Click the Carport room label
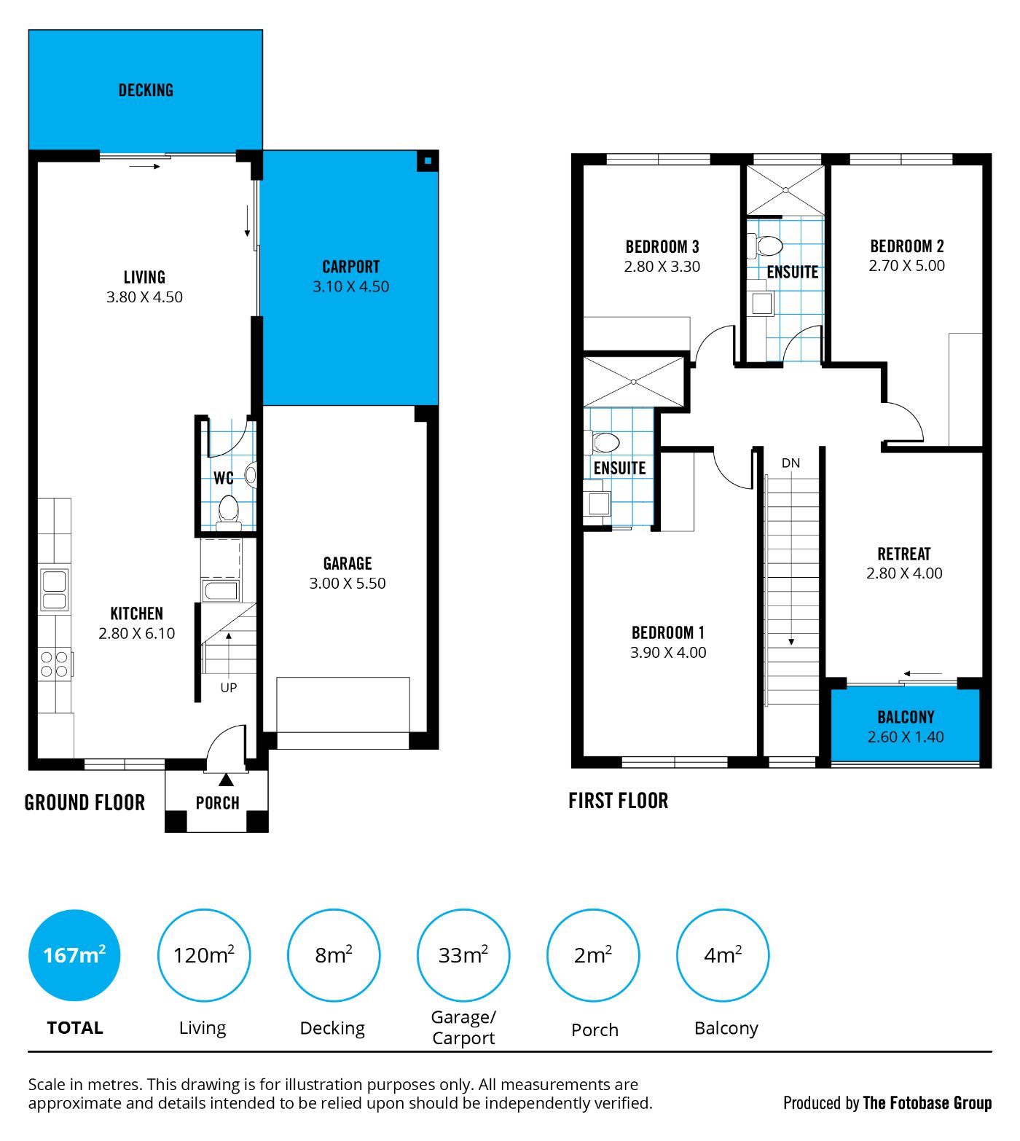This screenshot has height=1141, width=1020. [351, 267]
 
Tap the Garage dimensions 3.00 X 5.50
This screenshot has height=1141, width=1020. [348, 583]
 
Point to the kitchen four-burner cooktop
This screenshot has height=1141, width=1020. [55, 664]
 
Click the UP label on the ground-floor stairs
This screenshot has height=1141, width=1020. [229, 687]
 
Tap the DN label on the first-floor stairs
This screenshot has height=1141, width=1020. [790, 463]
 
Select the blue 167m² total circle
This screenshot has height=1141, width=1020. [74, 954]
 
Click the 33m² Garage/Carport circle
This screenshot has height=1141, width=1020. [463, 954]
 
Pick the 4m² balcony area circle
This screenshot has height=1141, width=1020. [723, 954]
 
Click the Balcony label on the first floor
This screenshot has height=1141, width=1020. [906, 717]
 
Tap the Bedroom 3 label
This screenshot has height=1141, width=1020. [662, 247]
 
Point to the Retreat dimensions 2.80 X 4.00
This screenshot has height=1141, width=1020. [904, 573]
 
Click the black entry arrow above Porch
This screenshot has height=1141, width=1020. [227, 780]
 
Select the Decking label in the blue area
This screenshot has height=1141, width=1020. [146, 90]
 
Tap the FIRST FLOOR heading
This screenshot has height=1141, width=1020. [619, 801]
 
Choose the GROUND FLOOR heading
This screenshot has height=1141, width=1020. [85, 803]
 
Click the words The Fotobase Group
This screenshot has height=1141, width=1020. [927, 1103]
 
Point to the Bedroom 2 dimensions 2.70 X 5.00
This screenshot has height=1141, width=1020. [907, 266]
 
